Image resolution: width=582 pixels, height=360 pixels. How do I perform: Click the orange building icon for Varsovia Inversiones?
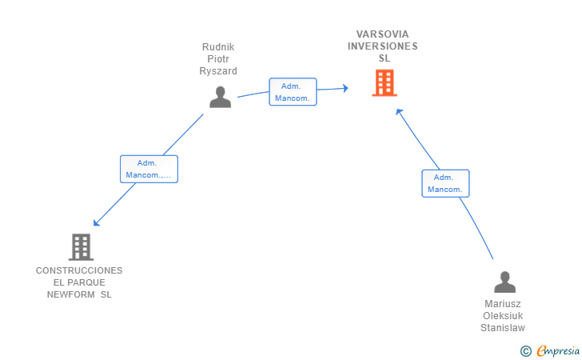[x=384, y=83]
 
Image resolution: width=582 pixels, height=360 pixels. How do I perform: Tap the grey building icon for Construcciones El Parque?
[x=81, y=247]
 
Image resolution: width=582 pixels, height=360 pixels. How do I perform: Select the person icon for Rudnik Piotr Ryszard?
[x=220, y=97]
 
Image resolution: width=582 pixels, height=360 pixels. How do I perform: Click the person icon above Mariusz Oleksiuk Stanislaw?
[x=504, y=282]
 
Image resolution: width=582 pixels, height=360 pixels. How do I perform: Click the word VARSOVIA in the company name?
[x=382, y=34]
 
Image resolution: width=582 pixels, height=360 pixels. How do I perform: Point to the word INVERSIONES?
[x=382, y=46]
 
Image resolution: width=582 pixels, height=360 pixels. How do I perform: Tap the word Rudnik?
[x=217, y=47]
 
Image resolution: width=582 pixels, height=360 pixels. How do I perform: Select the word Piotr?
[x=218, y=59]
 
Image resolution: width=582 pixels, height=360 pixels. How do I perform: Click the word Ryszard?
[x=218, y=71]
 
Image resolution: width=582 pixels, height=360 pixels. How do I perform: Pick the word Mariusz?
[x=503, y=304]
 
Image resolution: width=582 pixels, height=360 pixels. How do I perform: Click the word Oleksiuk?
[x=503, y=316]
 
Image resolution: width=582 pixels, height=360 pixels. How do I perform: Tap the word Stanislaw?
[x=503, y=328]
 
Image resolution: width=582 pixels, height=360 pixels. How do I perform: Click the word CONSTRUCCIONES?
[x=79, y=270]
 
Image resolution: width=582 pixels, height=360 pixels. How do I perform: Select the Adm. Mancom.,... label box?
[x=149, y=169]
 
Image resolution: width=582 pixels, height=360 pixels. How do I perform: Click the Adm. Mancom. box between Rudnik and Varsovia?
[x=293, y=92]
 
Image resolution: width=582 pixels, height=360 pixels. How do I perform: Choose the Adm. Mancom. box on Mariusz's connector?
[x=445, y=183]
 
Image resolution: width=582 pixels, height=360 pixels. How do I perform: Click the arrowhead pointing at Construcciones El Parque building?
[x=96, y=223]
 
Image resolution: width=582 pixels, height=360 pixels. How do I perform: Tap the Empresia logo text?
[x=557, y=350]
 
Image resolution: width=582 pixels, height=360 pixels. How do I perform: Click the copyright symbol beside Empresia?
[x=525, y=350]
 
